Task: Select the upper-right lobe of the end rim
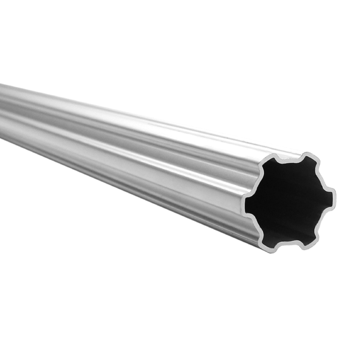[x=308, y=157]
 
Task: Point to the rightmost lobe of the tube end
[x=332, y=195]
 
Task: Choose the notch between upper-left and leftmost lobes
[x=259, y=184]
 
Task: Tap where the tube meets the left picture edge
[x=2, y=110]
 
